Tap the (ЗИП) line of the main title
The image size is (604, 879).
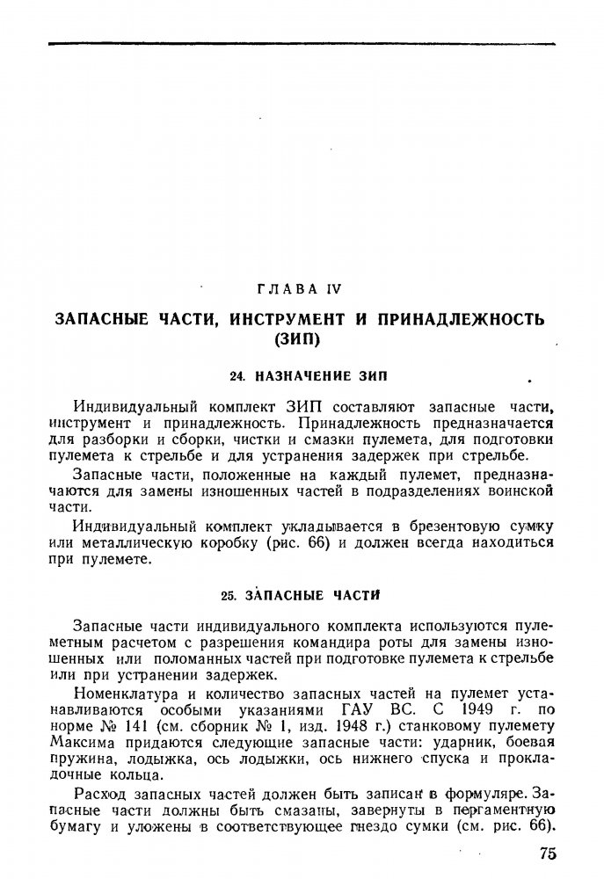click(x=302, y=338)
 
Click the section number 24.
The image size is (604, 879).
click(x=235, y=376)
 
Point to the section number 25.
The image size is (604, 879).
click(x=228, y=595)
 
